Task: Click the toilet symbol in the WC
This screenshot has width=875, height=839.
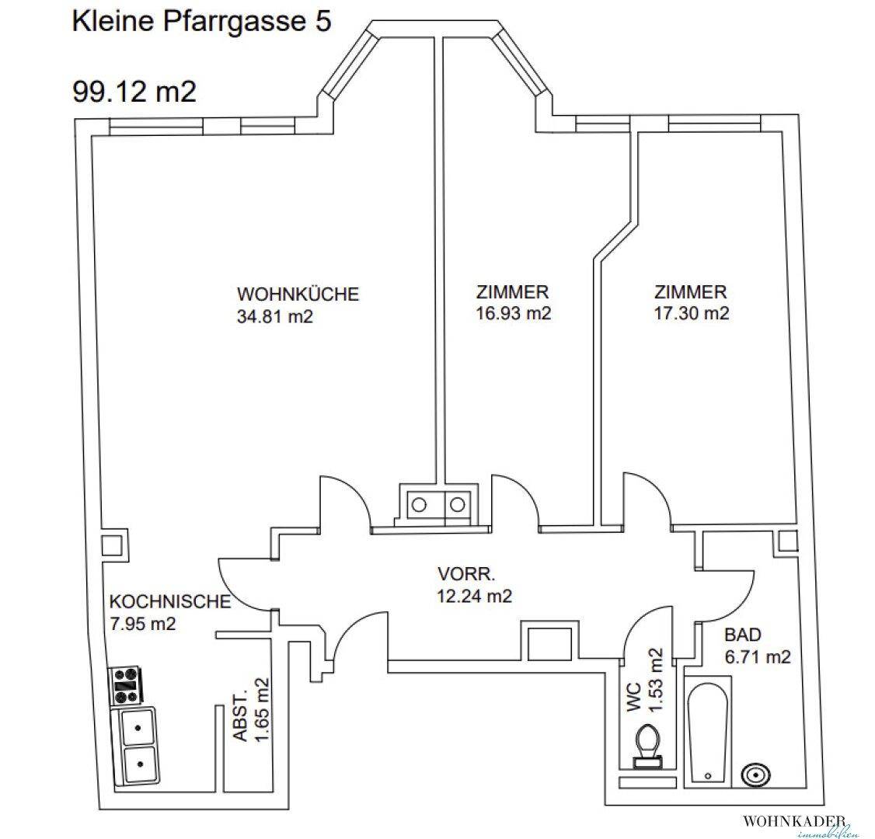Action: coord(647,747)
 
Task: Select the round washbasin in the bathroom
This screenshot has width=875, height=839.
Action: coord(756,774)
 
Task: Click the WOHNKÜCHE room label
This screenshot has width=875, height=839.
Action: coord(298,295)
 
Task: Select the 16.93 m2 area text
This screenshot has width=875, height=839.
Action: coord(512,314)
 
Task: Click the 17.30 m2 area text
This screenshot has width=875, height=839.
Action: coord(691,314)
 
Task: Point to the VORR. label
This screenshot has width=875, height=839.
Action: coord(466,575)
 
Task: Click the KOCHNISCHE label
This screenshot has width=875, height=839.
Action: coord(170,602)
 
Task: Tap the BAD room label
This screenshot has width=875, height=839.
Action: coord(743,635)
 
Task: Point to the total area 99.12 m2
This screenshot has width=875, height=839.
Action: coord(134,92)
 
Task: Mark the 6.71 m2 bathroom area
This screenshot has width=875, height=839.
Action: coord(757,656)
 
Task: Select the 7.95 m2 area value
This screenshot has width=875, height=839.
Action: coord(142,623)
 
